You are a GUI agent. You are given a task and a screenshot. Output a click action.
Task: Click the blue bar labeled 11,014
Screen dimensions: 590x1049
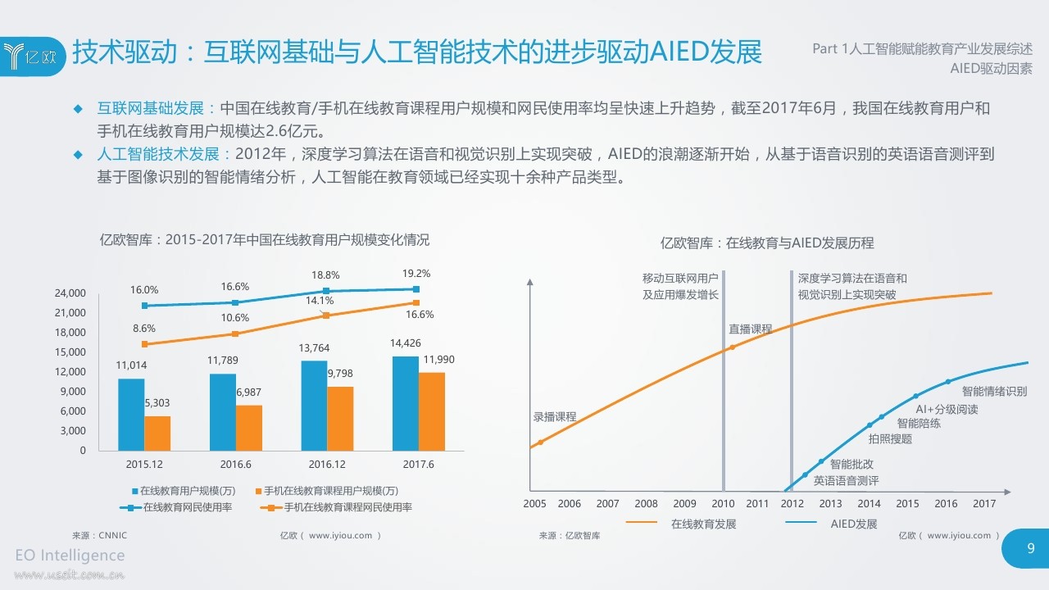[x=131, y=414]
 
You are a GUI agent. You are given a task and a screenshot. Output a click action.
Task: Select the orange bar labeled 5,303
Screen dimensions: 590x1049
[x=157, y=433]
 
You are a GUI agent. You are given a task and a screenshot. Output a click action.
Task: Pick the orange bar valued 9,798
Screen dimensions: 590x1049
[x=340, y=418]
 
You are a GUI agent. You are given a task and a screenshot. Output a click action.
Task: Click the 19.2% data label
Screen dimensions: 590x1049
[x=416, y=274]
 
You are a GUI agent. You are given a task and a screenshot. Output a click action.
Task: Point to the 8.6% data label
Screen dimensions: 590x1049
[x=144, y=328]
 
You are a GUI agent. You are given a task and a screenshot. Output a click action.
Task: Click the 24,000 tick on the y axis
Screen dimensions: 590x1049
[x=70, y=293]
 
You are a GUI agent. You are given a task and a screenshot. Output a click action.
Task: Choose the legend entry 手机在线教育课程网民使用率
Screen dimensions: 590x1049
[x=339, y=507]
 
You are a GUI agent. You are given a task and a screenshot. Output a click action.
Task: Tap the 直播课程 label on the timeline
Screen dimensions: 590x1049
[x=751, y=329]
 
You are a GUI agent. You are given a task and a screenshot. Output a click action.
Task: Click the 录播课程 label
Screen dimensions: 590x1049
[x=555, y=416]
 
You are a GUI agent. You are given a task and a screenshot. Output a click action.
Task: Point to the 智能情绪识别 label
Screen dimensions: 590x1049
[x=994, y=392]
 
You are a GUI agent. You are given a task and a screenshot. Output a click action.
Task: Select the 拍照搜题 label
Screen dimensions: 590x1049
[x=890, y=438]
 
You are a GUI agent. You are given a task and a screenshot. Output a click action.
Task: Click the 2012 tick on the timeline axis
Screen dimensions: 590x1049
[x=792, y=504]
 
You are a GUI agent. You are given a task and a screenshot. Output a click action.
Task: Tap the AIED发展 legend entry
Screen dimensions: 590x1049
[x=853, y=524]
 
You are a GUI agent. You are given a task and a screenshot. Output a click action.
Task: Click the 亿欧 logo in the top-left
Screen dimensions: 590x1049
[x=31, y=55]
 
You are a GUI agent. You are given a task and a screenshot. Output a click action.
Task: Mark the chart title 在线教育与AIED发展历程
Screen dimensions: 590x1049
[x=767, y=243]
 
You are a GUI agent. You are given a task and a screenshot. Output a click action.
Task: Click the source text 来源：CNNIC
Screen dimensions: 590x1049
[x=99, y=535]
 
